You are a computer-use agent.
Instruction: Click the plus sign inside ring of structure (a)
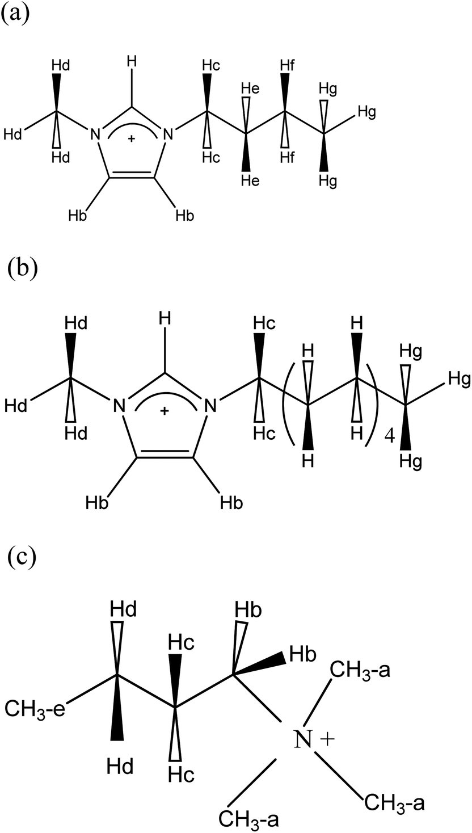tap(132, 138)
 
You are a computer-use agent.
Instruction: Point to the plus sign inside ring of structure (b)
tap(165, 411)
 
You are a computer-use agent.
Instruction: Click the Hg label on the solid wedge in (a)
tap(328, 181)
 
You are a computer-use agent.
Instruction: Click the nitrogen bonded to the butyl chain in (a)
tap(166, 134)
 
